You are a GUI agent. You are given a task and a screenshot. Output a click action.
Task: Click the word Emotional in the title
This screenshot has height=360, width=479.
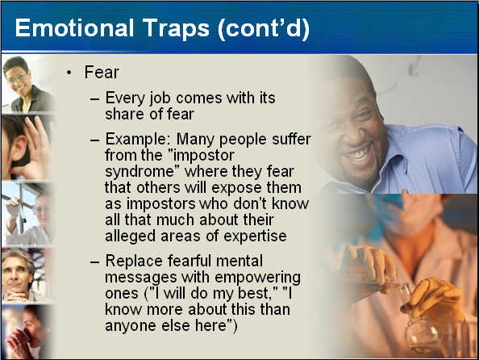pyautogui.click(x=74, y=28)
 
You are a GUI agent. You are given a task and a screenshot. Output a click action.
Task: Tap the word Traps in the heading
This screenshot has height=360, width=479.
pyautogui.click(x=176, y=29)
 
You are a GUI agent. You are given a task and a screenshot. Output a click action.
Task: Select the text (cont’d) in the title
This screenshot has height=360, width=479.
pyautogui.click(x=264, y=29)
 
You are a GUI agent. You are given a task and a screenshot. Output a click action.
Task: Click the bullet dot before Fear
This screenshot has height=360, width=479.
pyautogui.click(x=69, y=73)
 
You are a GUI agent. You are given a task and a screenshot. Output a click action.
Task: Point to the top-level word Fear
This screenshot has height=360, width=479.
pyautogui.click(x=102, y=73)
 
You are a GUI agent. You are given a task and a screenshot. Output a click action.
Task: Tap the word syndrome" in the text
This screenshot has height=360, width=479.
pyautogui.click(x=142, y=172)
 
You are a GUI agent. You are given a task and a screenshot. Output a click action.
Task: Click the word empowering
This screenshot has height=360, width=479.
pyautogui.click(x=257, y=278)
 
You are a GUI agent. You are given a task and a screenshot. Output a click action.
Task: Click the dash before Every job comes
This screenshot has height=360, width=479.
pyautogui.click(x=94, y=99)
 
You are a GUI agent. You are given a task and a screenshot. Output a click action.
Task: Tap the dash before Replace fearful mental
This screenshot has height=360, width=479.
pyautogui.click(x=94, y=262)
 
